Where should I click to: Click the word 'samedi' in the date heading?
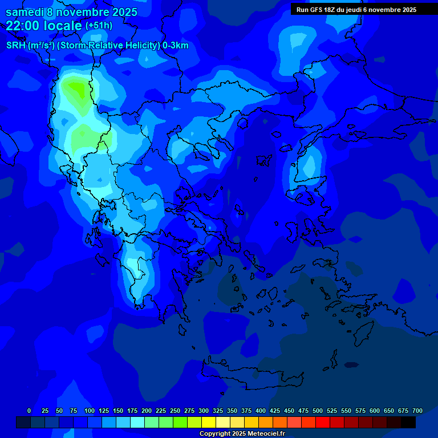pyautogui.click(x=25, y=11)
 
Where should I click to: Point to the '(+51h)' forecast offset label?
pyautogui.click(x=99, y=26)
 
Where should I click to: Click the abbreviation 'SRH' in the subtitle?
pyautogui.click(x=16, y=46)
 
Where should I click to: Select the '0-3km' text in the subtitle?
pyautogui.click(x=175, y=46)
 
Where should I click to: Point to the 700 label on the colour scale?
pyautogui.click(x=417, y=411)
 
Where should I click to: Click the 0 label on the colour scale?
pyautogui.click(x=29, y=411)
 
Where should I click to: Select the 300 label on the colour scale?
pyautogui.click(x=204, y=411)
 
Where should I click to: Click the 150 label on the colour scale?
pyautogui.click(x=118, y=411)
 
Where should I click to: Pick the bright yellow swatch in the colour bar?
pyautogui.click(x=209, y=423)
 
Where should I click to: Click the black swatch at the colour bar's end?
pyautogui.click(x=408, y=423)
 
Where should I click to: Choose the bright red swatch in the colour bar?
pyautogui.click(x=323, y=423)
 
